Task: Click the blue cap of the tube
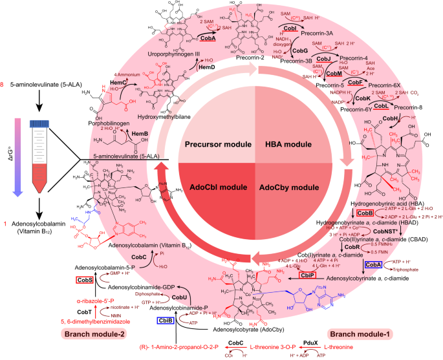pos(40,123)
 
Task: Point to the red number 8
pos(5,85)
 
